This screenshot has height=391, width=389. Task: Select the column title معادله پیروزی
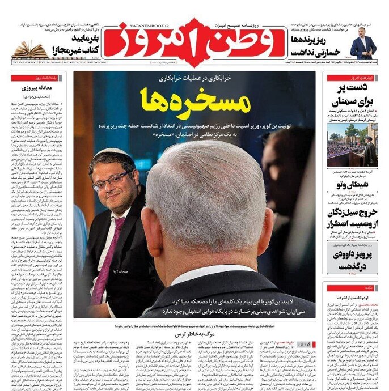click(40, 88)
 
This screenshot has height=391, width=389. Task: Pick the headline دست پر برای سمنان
click(352, 95)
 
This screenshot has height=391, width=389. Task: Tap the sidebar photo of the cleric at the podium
click(352, 145)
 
